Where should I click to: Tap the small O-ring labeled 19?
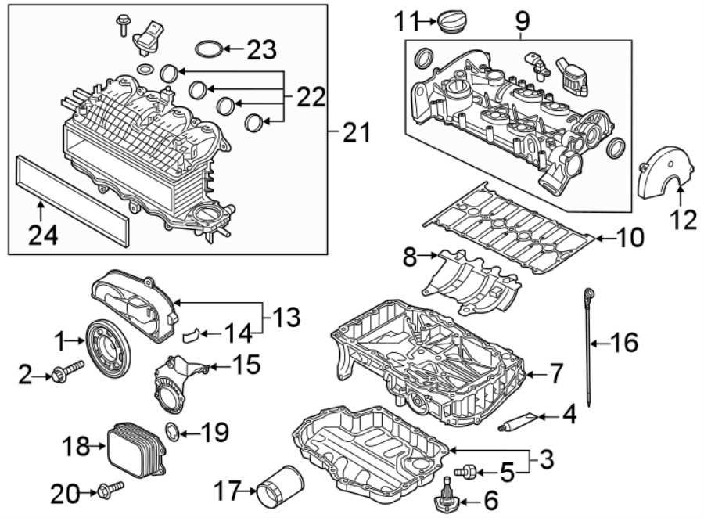172,429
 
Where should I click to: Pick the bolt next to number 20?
109,491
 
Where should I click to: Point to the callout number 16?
623,342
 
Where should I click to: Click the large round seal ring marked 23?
207,51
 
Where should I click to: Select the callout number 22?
311,97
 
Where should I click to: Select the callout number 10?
627,236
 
